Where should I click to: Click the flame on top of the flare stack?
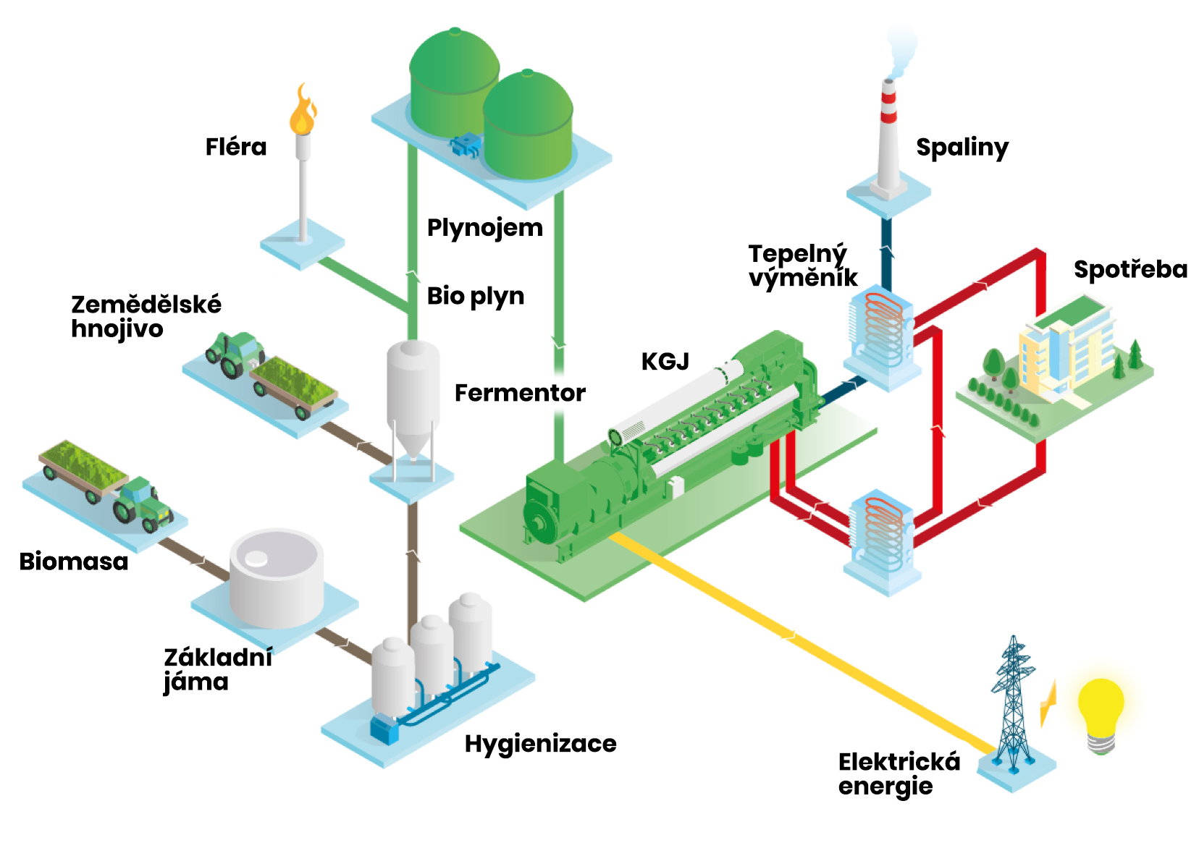[x=303, y=112]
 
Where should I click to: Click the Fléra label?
[x=236, y=147]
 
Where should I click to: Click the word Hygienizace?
[x=540, y=743]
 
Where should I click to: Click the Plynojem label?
[x=484, y=227]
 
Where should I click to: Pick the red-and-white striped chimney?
[x=888, y=137]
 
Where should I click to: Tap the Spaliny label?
[x=962, y=148]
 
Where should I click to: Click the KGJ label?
[x=665, y=361]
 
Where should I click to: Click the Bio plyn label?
[x=475, y=296]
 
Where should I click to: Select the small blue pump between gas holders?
[x=465, y=145]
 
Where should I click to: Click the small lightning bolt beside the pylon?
[x=1048, y=703]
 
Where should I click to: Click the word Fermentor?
[x=520, y=393]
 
